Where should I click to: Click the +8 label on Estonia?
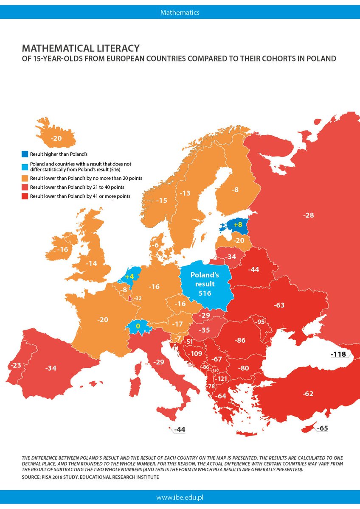click(237, 225)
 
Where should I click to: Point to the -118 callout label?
click(339, 354)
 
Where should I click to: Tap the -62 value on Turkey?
click(308, 394)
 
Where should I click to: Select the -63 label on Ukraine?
click(279, 305)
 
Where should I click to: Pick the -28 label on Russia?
click(309, 215)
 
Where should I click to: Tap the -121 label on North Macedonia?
click(221, 378)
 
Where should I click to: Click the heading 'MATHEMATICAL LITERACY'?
click(80, 47)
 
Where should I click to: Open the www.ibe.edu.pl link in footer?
click(180, 496)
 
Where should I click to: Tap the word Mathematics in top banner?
click(180, 12)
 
